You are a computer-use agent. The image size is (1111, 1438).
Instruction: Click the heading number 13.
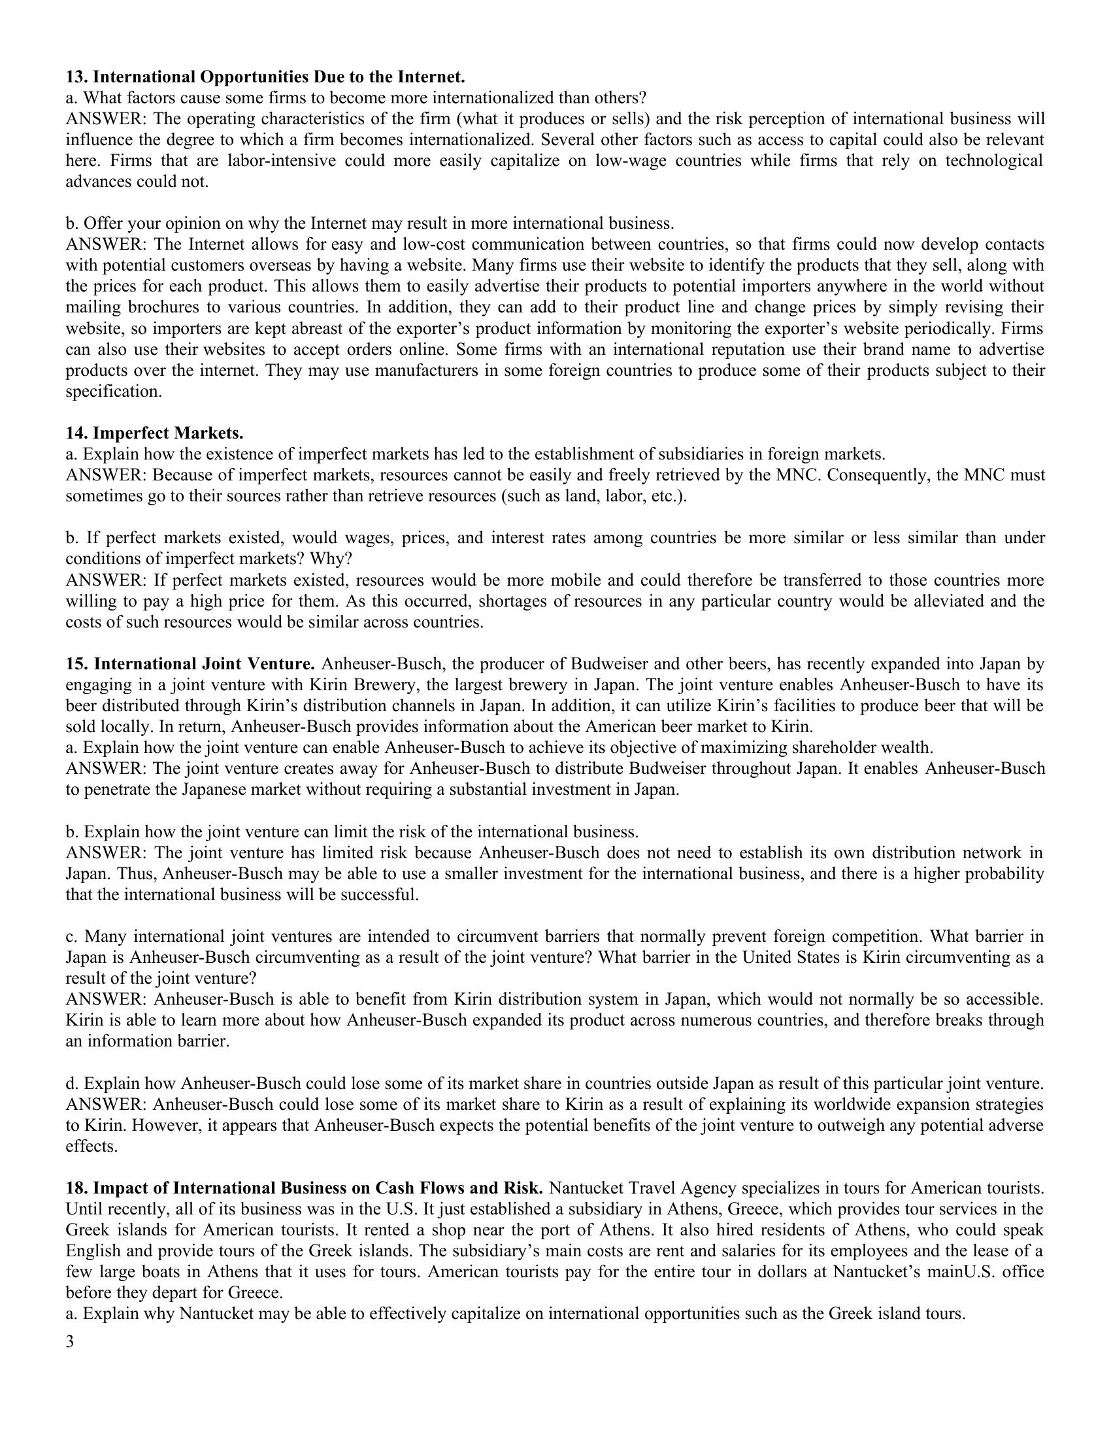point(77,77)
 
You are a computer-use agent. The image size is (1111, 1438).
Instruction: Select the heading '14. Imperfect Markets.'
point(155,433)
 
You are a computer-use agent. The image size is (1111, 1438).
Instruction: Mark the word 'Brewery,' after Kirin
point(387,685)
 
